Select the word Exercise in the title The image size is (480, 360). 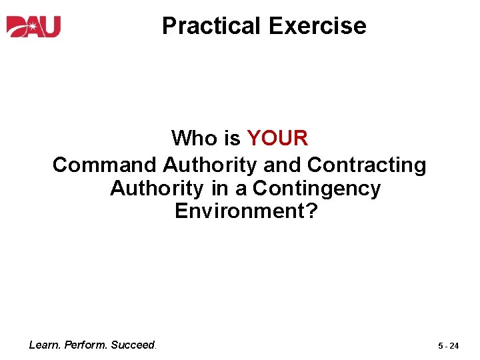click(x=317, y=26)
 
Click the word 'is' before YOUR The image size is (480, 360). click(x=233, y=139)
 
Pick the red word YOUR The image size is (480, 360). click(x=277, y=139)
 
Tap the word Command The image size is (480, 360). click(x=105, y=165)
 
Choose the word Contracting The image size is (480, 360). click(x=367, y=165)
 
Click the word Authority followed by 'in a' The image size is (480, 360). click(x=157, y=189)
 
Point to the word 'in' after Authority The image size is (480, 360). click(x=220, y=189)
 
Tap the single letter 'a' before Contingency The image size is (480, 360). click(x=241, y=189)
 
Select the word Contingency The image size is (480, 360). click(x=317, y=189)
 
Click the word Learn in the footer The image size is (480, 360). click(x=44, y=345)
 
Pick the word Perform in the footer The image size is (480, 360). click(x=86, y=345)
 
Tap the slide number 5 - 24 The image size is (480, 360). click(x=449, y=346)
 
